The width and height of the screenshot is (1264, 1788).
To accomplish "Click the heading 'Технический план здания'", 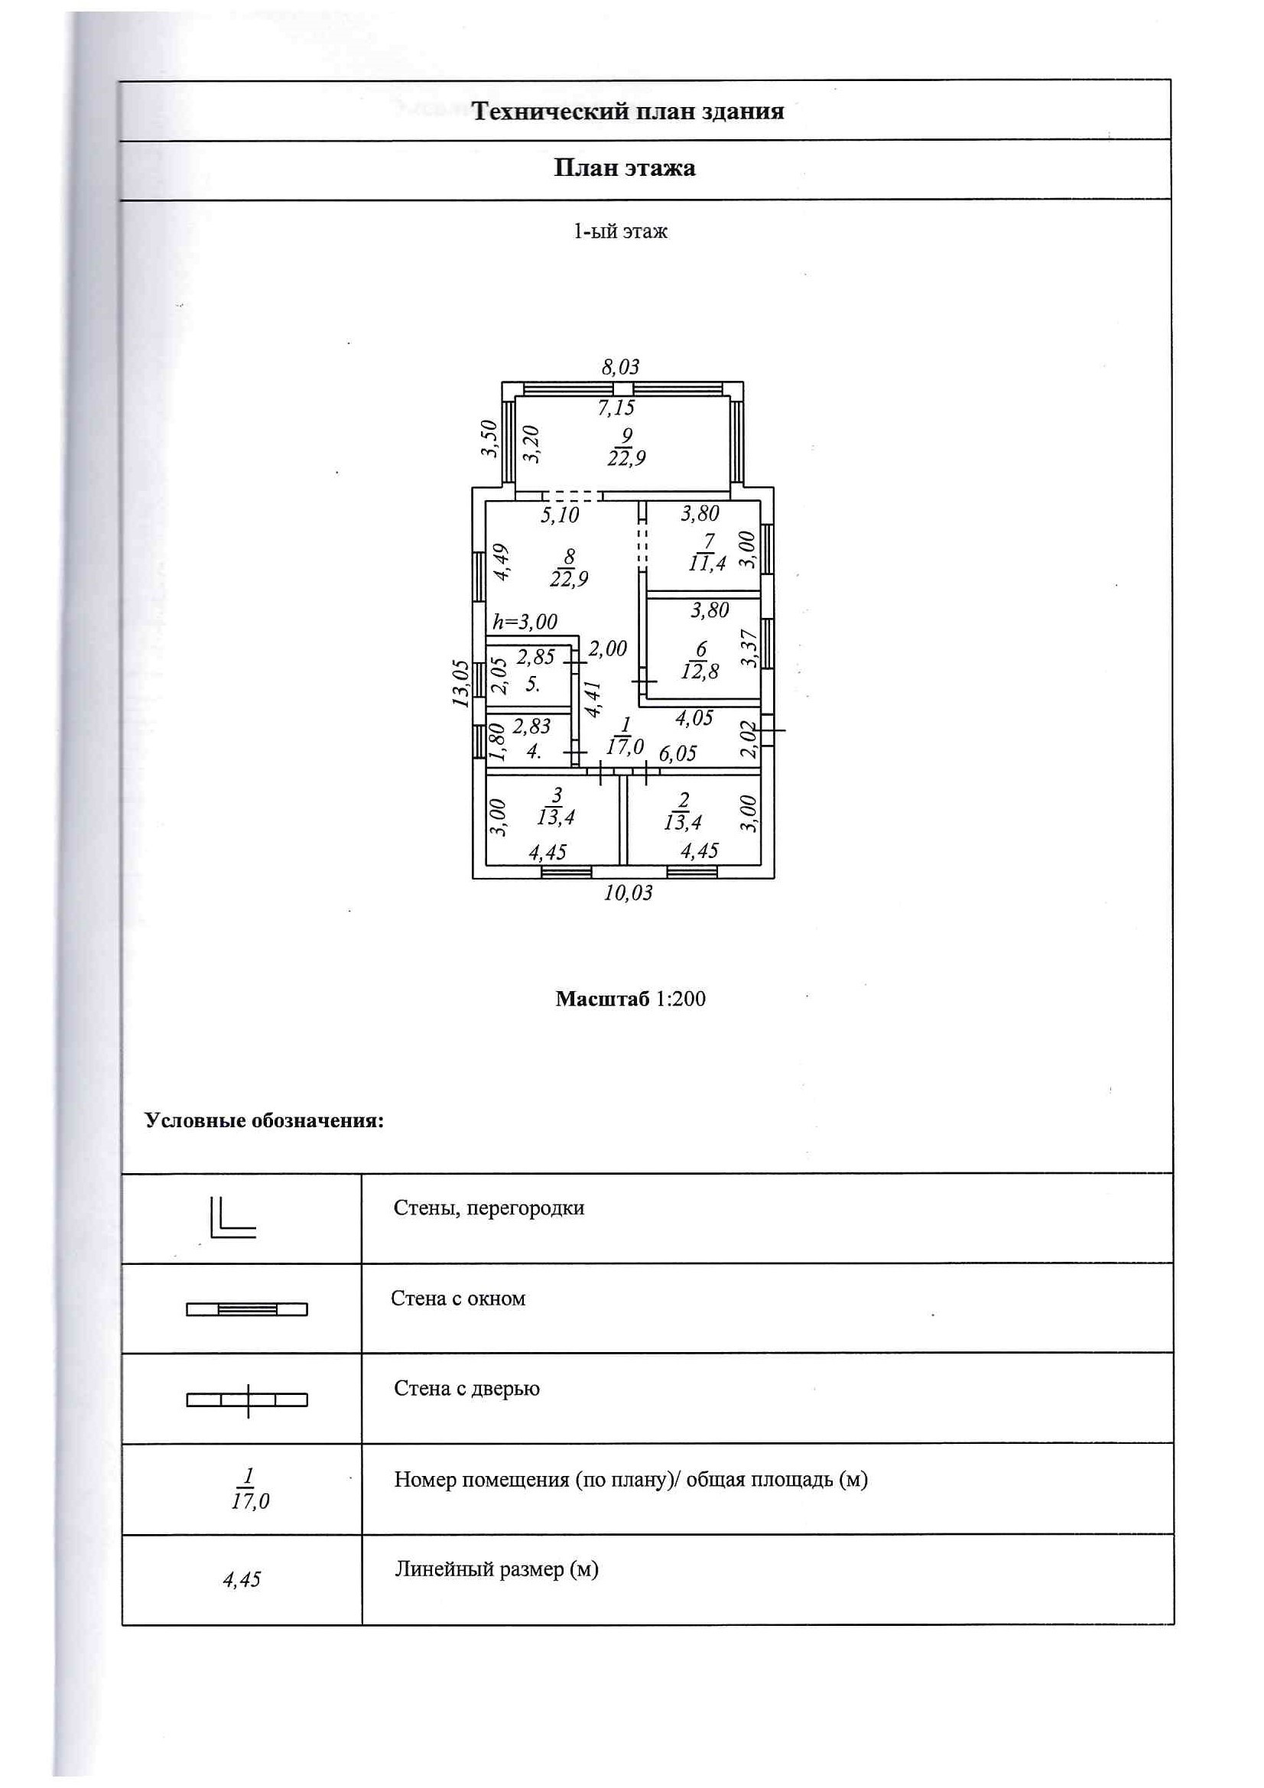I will pos(628,112).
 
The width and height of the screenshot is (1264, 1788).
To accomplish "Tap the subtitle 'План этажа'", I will pos(625,168).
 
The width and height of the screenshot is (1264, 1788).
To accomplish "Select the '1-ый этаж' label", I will pos(621,231).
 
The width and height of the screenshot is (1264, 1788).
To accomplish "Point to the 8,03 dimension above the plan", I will pos(621,367).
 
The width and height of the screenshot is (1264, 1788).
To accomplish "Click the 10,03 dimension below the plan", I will pos(629,892).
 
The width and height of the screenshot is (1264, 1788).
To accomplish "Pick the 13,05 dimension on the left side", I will pos(462,683).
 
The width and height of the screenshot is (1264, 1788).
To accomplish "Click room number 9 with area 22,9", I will pos(627,447).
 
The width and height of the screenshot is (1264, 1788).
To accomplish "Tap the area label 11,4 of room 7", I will pos(707,563).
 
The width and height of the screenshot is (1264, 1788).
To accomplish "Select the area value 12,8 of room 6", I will pos(700,671).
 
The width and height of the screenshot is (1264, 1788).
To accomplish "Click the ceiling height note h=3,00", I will pos(525,622).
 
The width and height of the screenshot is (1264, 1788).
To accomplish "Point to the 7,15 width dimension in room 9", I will pos(616,408).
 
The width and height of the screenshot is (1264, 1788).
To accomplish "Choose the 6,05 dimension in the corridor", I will pos(677,753).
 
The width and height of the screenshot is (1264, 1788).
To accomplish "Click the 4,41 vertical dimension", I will pos(593,699).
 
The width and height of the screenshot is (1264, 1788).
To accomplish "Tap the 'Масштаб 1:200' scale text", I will pos(630,999).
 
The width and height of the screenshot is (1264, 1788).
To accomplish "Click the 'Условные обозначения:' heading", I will pos(264,1120).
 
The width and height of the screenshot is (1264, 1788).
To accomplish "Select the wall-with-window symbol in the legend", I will pos(247,1309).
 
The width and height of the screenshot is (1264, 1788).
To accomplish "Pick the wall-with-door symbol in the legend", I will pos(247,1400).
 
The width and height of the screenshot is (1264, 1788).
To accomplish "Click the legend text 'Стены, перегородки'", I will pos(489,1208).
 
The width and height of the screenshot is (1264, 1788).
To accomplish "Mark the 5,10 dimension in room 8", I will pos(560,515).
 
